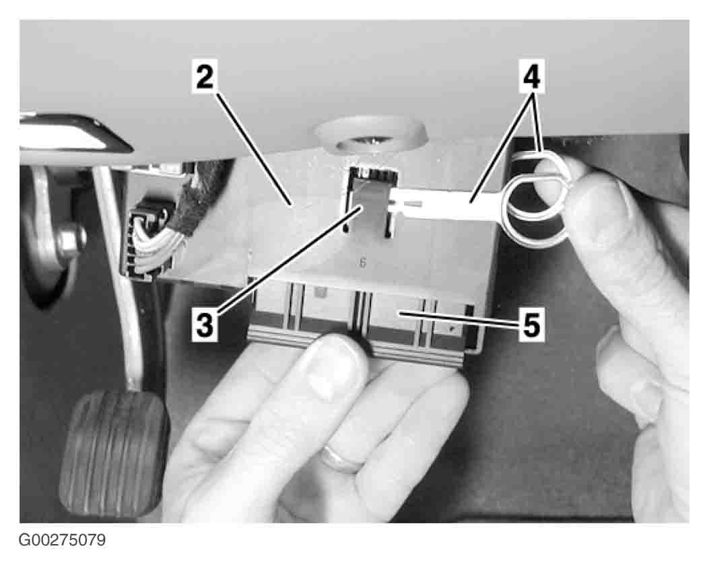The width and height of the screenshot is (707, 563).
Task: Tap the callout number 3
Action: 205,325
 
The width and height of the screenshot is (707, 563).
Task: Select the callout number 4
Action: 531,76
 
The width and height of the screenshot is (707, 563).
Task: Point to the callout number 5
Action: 531,325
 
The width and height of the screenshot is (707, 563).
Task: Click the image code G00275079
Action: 62,539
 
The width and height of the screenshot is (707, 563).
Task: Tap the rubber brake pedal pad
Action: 114,453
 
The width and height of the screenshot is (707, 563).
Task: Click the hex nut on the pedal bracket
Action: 71,240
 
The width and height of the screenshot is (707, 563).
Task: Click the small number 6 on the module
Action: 363,263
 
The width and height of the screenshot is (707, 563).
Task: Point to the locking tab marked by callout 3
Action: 370,205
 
